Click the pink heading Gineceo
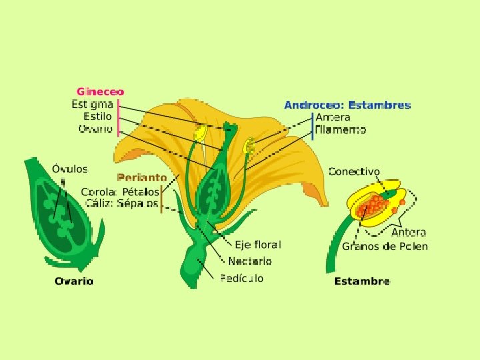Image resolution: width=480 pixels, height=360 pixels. click(x=100, y=92)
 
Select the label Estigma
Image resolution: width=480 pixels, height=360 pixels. click(x=92, y=104)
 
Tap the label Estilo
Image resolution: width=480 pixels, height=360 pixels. click(x=97, y=116)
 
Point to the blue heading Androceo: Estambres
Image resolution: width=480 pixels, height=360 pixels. click(x=347, y=105)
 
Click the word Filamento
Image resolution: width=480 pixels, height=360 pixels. click(x=341, y=130)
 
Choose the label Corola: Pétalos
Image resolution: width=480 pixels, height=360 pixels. click(x=120, y=191)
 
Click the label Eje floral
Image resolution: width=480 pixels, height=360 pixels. click(x=257, y=245)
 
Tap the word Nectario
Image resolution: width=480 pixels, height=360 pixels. click(x=250, y=261)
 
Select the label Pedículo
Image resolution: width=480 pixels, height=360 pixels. click(x=241, y=278)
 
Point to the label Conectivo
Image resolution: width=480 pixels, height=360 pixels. click(x=354, y=171)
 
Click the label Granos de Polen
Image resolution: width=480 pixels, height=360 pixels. click(x=385, y=246)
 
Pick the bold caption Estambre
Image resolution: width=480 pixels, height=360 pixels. click(x=362, y=281)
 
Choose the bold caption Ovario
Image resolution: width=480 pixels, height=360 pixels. click(x=74, y=281)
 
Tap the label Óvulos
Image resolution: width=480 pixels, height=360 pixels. click(x=70, y=169)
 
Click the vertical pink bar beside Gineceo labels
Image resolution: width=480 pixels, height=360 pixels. click(x=119, y=117)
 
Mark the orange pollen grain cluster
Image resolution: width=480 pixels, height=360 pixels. click(x=371, y=205)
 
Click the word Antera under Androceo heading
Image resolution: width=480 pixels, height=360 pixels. click(x=333, y=117)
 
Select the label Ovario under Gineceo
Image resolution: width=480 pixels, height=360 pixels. click(x=95, y=129)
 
